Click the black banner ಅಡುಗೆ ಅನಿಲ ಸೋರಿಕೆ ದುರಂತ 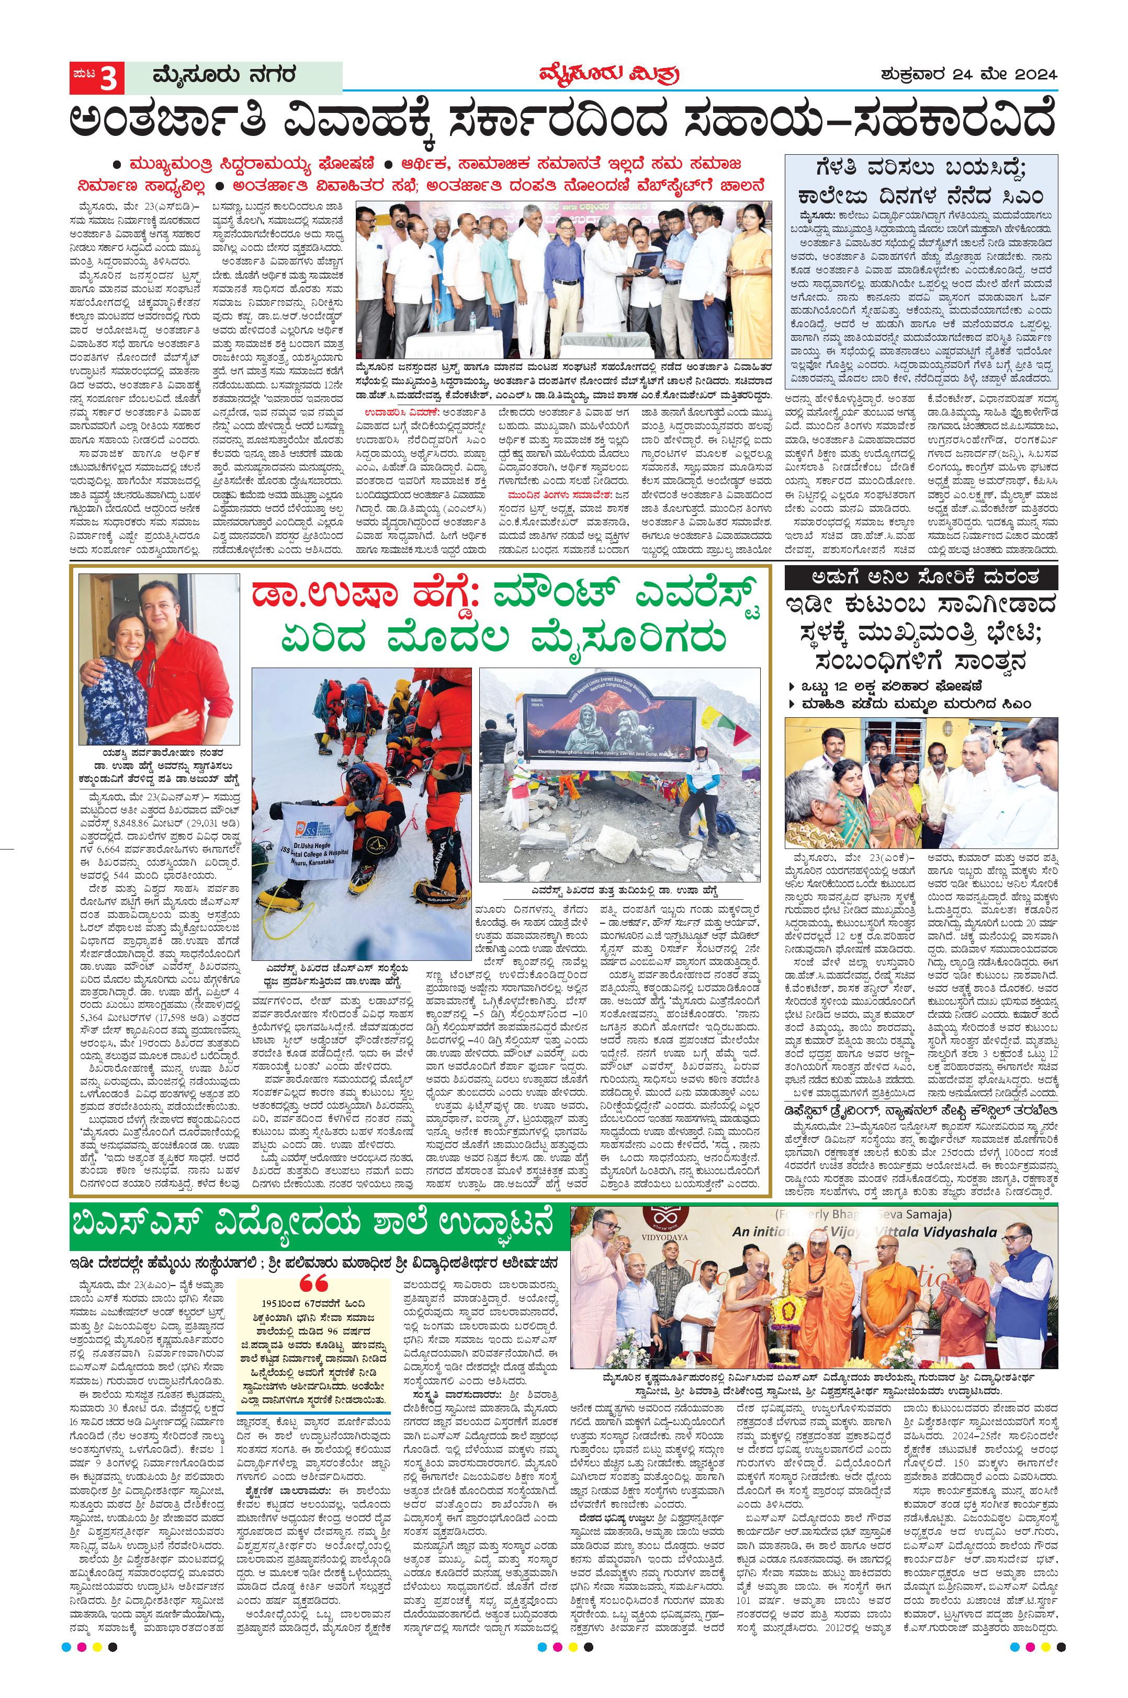(921, 577)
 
